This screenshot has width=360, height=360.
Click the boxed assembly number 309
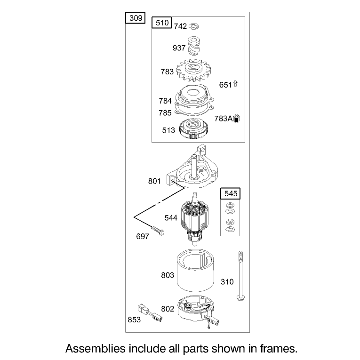[136, 18]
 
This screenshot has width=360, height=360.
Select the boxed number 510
[161, 23]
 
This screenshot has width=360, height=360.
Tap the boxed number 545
[230, 193]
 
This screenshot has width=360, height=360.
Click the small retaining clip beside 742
[194, 26]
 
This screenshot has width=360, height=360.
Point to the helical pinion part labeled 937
[194, 46]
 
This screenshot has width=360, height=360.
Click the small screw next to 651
[235, 84]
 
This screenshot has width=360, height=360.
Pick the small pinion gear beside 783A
[237, 119]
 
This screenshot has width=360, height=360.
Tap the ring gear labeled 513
[193, 128]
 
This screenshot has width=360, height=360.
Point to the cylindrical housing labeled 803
[195, 270]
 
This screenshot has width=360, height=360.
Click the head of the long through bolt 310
[240, 298]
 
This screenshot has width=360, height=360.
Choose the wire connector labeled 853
[150, 312]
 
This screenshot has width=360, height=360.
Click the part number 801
[154, 181]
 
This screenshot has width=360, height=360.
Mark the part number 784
[165, 101]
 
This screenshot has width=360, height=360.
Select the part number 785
[165, 113]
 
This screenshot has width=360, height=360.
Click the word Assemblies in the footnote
[95, 349]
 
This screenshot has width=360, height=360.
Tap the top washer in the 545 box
[230, 205]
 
